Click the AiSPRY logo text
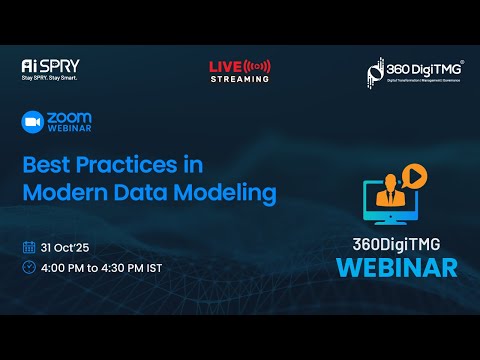click(x=46, y=66)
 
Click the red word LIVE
click(x=221, y=67)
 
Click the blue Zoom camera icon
click(x=32, y=121)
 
